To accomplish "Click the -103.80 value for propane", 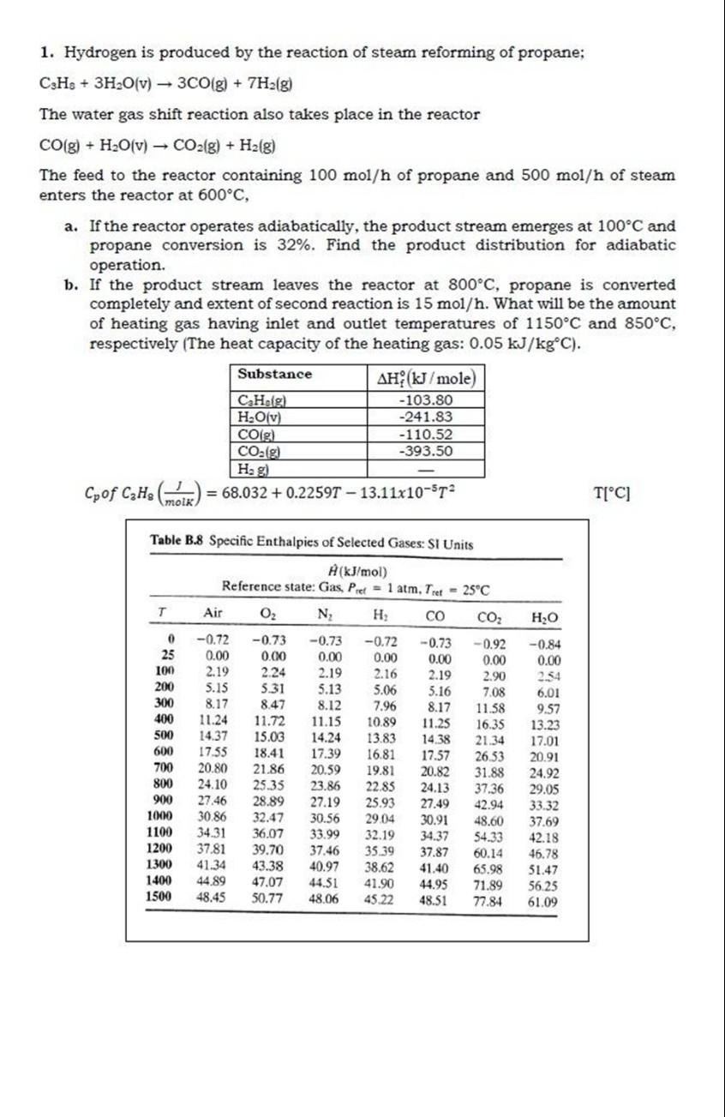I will click(x=426, y=400).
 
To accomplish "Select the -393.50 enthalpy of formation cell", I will click(x=426, y=451).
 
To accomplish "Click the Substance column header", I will click(x=274, y=375).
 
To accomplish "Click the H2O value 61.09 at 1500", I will click(x=543, y=902).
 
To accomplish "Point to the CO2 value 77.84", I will click(x=488, y=902).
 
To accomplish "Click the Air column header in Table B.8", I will click(x=213, y=614).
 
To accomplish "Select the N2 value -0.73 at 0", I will click(x=323, y=640).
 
